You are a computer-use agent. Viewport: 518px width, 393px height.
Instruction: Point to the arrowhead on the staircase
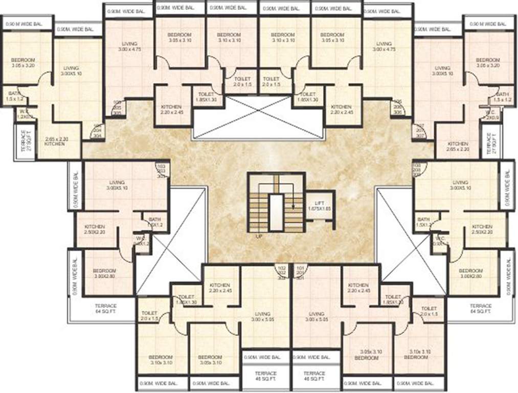tap(294, 206)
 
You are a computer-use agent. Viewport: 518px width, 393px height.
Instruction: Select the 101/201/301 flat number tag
tap(300, 273)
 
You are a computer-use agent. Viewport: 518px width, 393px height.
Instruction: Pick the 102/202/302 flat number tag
tap(281, 273)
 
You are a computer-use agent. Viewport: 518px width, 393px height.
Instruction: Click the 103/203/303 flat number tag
tap(162, 170)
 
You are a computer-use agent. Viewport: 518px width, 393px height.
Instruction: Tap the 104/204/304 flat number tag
tap(97, 131)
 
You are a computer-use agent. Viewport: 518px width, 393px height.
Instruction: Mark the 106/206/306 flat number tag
tap(397, 107)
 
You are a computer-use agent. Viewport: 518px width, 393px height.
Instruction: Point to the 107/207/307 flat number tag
tap(420, 130)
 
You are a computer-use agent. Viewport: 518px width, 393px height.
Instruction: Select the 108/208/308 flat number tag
tap(417, 170)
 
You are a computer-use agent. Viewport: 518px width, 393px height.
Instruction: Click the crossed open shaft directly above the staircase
tap(258, 118)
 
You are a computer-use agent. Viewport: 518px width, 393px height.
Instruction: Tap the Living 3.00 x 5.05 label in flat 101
tap(317, 317)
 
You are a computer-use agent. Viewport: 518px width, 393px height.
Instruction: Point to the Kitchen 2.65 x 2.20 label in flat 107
tap(458, 147)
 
